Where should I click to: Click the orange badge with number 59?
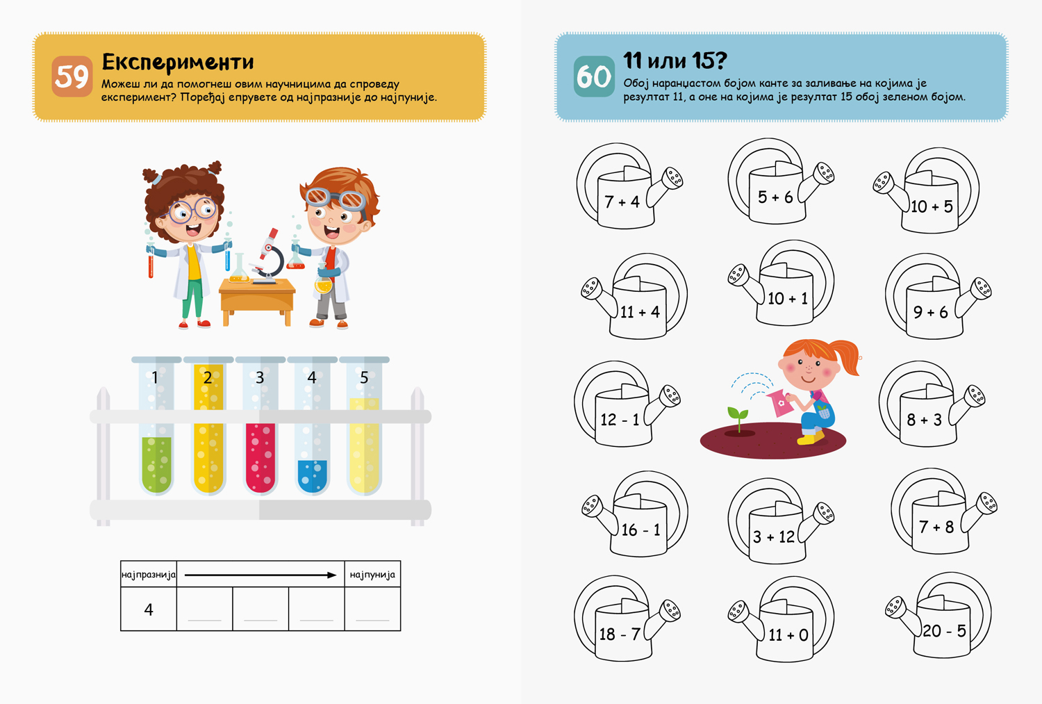[x=72, y=76]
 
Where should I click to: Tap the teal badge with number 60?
[x=594, y=76]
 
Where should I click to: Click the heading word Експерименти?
[x=178, y=62]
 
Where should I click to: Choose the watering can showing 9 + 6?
[x=935, y=296]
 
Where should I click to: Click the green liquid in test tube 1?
[x=156, y=465]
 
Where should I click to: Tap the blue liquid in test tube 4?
[x=312, y=477]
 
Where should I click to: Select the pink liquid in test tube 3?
[x=260, y=458]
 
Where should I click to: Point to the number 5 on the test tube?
[x=364, y=377]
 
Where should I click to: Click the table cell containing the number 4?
[x=149, y=609]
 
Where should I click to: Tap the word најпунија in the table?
[x=372, y=575]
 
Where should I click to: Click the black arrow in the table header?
[x=260, y=575]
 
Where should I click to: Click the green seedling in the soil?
[x=738, y=420]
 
